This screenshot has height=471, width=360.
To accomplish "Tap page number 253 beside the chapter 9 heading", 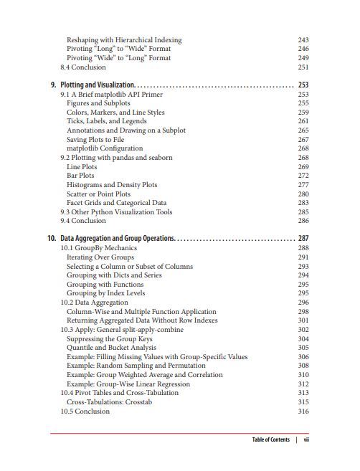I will coord(303,85).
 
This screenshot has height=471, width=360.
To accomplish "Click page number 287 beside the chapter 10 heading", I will coord(303,239).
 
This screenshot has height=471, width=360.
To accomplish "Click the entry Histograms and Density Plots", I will coord(112,185).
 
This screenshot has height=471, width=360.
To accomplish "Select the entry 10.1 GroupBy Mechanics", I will coord(98,248).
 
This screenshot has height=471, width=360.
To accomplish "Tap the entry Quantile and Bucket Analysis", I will coord(112,348).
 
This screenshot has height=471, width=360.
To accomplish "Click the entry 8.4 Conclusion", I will coord(83,67).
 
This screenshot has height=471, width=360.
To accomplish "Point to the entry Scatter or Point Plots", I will coord(98,194).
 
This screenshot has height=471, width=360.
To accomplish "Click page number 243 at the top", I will coord(303,40).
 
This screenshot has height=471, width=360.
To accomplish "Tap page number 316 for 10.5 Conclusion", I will coord(303,411).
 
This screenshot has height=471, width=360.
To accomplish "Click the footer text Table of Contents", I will coord(270,439).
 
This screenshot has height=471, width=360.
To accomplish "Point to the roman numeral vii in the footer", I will coord(306,439).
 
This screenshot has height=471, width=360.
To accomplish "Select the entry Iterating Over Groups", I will coord(100,257).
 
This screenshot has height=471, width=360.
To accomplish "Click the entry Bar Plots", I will coord(80,176).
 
